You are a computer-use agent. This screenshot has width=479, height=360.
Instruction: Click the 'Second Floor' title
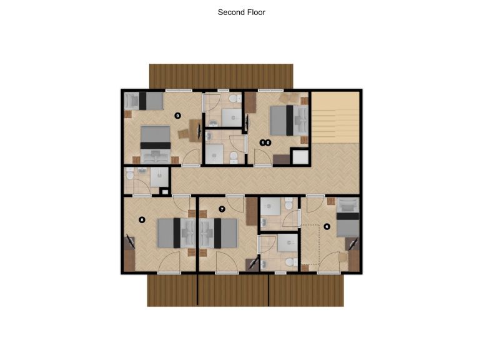(241, 12)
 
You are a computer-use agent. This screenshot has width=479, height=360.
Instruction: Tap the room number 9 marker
(177, 116)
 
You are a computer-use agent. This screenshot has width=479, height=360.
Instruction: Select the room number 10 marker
(265, 142)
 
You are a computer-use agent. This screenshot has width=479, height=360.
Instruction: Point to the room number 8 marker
(142, 219)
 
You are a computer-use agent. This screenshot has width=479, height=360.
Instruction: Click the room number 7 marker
(222, 209)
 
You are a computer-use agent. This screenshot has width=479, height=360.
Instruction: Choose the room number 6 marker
(327, 226)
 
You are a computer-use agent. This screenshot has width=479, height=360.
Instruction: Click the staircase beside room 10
(335, 117)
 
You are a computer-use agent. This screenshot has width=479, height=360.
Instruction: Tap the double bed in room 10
(289, 120)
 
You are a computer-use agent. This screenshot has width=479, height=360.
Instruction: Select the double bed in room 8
(176, 233)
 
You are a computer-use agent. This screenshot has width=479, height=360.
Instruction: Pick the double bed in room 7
(219, 233)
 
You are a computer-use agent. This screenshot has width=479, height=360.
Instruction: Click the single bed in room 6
(348, 217)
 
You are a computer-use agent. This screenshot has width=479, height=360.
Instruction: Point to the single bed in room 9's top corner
(144, 101)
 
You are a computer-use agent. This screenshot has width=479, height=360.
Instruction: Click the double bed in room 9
(155, 144)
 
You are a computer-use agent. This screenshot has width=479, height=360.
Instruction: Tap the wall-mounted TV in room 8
(132, 241)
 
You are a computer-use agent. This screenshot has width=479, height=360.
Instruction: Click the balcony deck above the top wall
(221, 76)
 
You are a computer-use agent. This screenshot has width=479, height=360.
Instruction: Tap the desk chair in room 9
(184, 134)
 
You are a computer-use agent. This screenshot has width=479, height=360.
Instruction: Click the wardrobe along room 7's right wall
(252, 211)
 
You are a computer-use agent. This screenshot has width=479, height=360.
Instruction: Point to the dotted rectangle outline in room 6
(310, 244)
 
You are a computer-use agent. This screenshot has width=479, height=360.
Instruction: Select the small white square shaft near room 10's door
(300, 157)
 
